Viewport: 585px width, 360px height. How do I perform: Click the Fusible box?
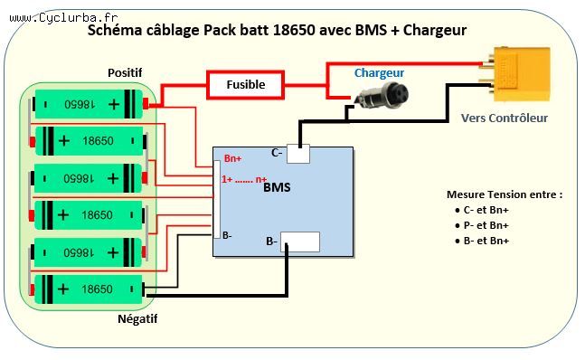tap(247, 84)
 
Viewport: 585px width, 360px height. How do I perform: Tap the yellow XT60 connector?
tap(515, 72)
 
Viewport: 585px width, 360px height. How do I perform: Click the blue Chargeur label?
tap(379, 71)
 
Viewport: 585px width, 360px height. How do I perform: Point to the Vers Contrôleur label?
tap(504, 118)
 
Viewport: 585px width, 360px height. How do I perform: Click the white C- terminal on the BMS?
tap(297, 155)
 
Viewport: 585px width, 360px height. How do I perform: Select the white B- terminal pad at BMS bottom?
tap(299, 242)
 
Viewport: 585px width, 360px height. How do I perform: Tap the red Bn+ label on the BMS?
tap(232, 158)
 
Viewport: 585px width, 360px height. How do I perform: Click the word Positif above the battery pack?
tap(125, 71)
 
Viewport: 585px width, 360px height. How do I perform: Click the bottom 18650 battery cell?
tap(88, 289)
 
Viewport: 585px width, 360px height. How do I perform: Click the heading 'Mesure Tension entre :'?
tap(505, 194)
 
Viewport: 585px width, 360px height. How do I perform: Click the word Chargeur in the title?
tap(435, 30)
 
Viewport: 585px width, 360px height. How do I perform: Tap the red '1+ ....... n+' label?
tap(244, 179)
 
